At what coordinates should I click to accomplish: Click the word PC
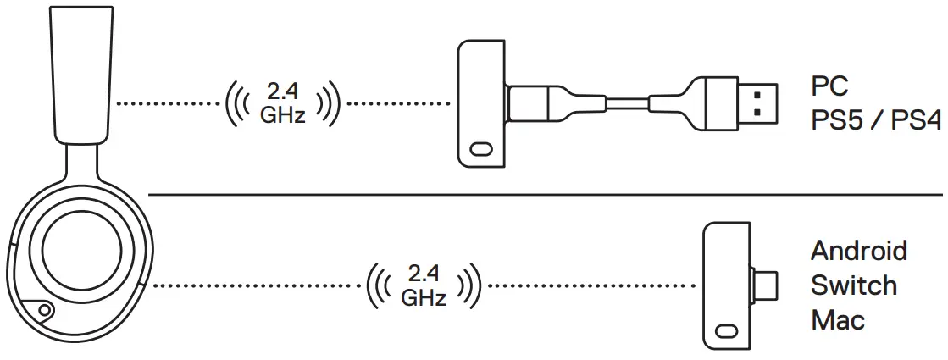pyautogui.click(x=829, y=86)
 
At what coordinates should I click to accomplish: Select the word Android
pyautogui.click(x=858, y=251)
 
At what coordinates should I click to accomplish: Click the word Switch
pyautogui.click(x=853, y=285)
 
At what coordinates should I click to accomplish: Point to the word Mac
pyautogui.click(x=837, y=320)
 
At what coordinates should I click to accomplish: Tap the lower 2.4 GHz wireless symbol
pyautogui.click(x=424, y=285)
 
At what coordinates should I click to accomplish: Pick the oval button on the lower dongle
pyautogui.click(x=726, y=331)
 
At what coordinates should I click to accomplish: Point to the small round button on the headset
pyautogui.click(x=41, y=312)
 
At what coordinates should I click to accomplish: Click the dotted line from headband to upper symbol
pyautogui.click(x=166, y=104)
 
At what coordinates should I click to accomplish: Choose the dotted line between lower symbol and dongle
pyautogui.click(x=593, y=285)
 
